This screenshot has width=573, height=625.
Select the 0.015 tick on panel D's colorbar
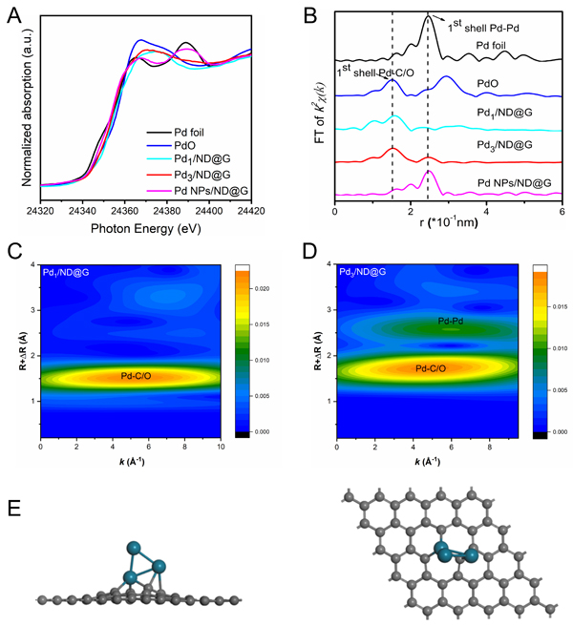point(551,305)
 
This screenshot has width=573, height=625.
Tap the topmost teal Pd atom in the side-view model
point(133,548)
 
